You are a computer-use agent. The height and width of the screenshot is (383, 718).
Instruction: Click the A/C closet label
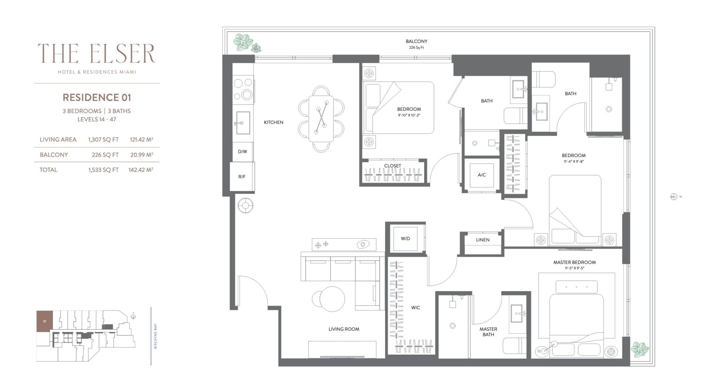pos(482,175)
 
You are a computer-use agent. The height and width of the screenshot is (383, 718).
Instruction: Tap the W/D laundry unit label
pos(405,238)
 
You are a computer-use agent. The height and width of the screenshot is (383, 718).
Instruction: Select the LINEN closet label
pos(483,240)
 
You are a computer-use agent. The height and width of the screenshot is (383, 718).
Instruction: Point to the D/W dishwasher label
pos(242,151)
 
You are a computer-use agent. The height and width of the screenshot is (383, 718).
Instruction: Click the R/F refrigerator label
pos(242,177)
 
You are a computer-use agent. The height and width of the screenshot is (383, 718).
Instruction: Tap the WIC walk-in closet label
pos(415,307)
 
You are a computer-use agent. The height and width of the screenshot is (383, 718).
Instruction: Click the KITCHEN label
pos(274,122)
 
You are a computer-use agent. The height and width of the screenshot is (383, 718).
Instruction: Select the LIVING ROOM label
pos(344,329)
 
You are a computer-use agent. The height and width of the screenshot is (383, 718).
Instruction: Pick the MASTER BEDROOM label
pos(574,262)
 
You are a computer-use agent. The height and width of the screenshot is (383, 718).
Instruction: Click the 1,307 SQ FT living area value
pos(103,140)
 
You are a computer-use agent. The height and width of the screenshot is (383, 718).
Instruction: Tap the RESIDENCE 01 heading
pos(97,98)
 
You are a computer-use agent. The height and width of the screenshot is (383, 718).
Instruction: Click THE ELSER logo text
pos(96,53)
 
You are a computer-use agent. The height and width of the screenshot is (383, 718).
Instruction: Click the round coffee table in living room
pos(332,298)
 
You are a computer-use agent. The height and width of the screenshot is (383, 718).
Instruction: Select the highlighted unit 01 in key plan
pos(45,321)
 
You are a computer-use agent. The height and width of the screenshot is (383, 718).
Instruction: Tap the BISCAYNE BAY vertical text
pos(155,336)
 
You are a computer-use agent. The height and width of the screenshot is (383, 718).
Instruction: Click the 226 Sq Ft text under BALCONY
pos(417,48)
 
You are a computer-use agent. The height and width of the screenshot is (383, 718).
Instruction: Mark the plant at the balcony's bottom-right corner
pos(640,349)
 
